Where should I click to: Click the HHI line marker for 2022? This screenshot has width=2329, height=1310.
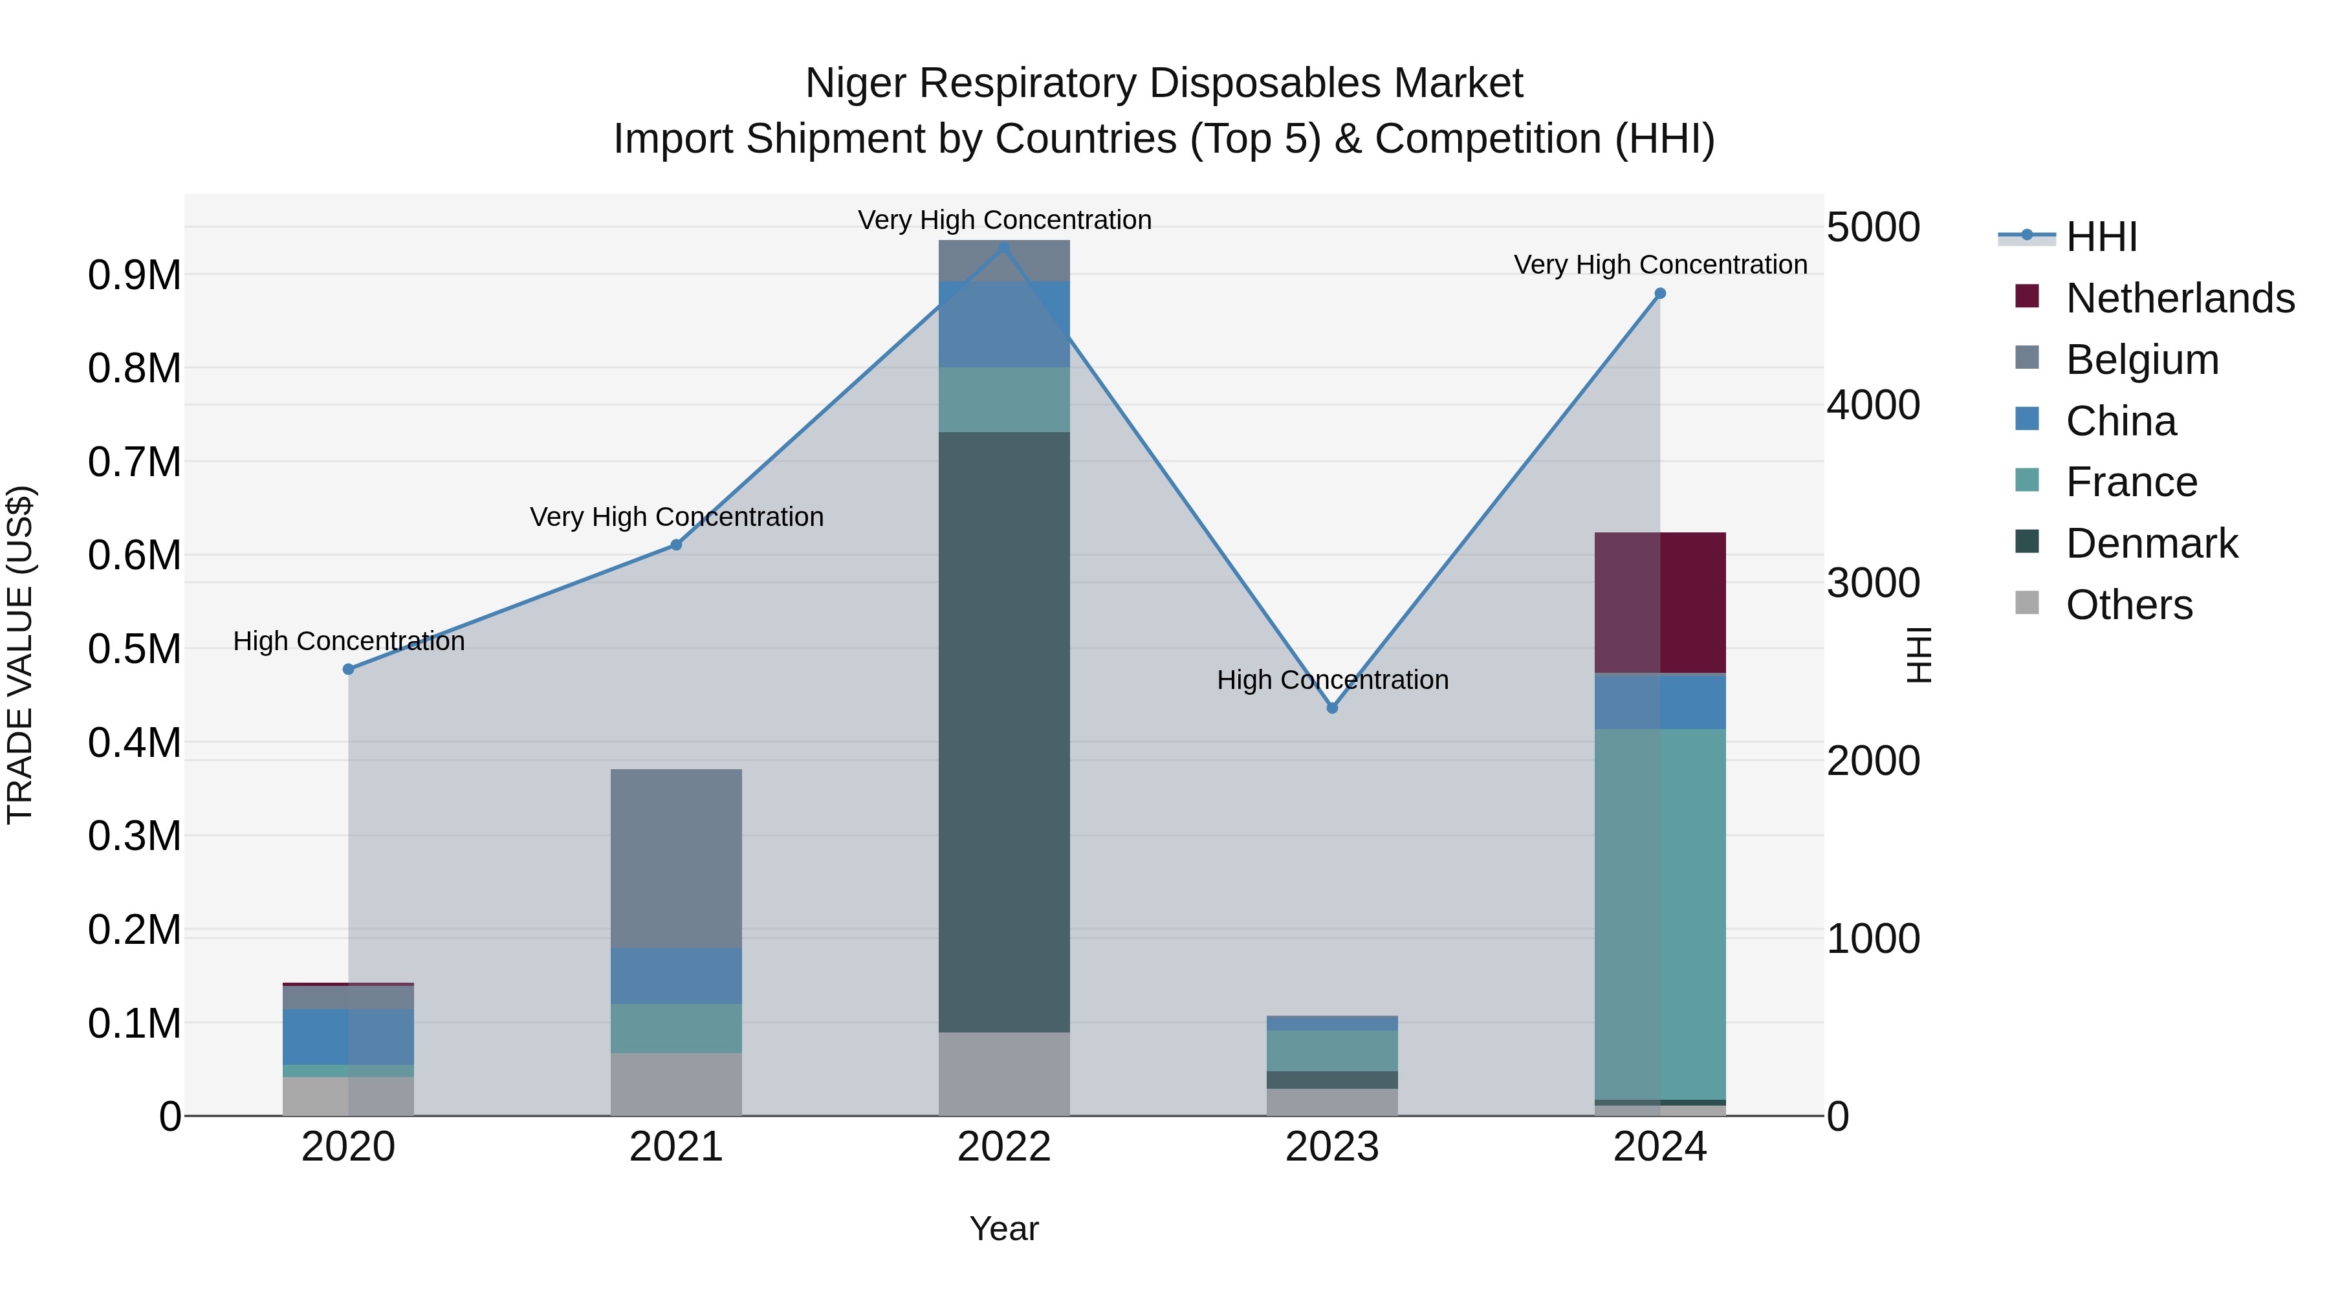click(1003, 247)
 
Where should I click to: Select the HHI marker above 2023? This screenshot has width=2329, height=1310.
click(1332, 708)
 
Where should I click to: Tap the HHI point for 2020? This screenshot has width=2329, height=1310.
click(348, 669)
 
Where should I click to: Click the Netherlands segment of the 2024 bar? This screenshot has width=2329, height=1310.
click(1660, 602)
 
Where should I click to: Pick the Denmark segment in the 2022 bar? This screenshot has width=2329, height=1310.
click(1003, 732)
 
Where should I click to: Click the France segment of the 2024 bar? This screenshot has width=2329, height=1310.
click(1660, 913)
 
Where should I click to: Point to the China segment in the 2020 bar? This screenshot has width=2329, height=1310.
click(348, 1036)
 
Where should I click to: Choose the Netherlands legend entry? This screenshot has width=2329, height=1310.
click(2180, 298)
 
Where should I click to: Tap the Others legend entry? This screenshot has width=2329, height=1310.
click(2128, 605)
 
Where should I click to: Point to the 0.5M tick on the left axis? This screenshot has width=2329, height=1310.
click(135, 649)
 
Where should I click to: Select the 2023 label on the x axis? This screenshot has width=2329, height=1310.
click(1332, 1147)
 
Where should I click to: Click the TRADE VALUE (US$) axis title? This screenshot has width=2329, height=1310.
click(20, 655)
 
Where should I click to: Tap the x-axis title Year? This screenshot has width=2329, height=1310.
click(1003, 1228)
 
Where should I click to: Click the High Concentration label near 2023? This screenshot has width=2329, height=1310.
click(1332, 680)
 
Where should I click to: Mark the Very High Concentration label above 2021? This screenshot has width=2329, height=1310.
click(676, 517)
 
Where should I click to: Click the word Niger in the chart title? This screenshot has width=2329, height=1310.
click(855, 83)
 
